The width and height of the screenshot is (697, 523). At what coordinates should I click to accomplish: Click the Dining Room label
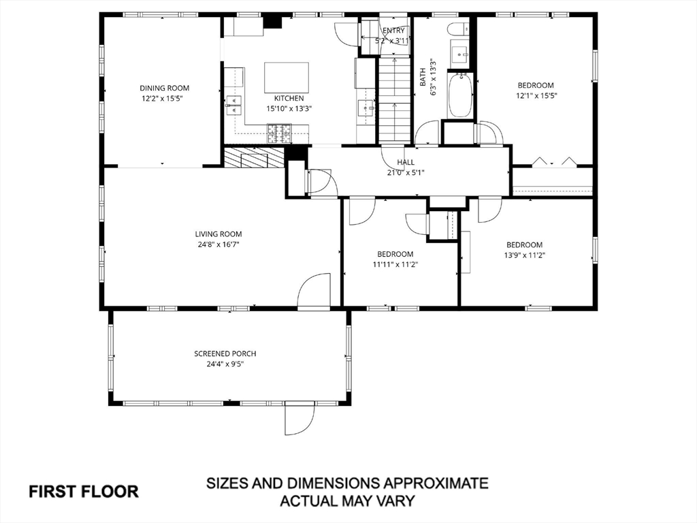(x=165, y=88)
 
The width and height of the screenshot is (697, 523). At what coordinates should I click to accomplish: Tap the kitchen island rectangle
(x=287, y=78)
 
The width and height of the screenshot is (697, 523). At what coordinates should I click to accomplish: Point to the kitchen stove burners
(x=279, y=134)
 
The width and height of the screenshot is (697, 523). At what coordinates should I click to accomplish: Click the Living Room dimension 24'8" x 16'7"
(x=218, y=244)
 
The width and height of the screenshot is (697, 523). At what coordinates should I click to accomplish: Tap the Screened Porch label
(x=225, y=353)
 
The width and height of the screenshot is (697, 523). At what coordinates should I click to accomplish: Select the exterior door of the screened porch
(x=300, y=418)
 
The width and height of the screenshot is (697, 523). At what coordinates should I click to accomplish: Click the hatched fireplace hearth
(x=254, y=157)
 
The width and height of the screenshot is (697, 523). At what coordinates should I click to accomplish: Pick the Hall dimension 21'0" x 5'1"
(x=406, y=172)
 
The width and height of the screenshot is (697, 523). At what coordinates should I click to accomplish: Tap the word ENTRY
(x=394, y=31)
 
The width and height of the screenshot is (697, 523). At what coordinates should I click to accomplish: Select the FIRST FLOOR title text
(x=84, y=492)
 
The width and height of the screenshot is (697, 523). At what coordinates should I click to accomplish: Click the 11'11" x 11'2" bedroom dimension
(x=395, y=264)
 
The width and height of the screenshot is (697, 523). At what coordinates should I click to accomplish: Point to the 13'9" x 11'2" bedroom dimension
(x=525, y=255)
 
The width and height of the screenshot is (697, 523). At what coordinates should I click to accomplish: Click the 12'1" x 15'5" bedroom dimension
(x=536, y=95)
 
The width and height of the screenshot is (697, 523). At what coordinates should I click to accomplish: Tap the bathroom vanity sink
(x=459, y=54)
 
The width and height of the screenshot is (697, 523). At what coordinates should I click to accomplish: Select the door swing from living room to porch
(x=313, y=289)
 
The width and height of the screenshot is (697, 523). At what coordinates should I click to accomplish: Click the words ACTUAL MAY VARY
(x=347, y=501)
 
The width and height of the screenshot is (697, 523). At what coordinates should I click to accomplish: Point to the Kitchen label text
(x=289, y=98)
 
